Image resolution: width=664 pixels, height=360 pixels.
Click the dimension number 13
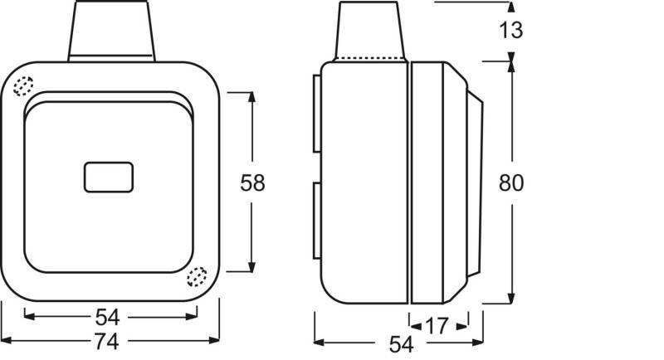point(510,30)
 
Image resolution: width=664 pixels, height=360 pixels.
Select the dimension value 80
point(511,182)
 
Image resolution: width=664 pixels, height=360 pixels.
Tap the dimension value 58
point(252,182)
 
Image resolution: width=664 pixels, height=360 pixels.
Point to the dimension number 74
point(106,342)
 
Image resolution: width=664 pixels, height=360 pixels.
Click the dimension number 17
point(437,326)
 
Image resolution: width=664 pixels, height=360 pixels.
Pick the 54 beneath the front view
point(107,317)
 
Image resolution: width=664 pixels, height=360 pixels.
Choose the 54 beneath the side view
point(401,344)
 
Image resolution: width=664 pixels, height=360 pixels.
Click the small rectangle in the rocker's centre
point(109,178)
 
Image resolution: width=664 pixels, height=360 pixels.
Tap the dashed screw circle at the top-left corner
point(23,86)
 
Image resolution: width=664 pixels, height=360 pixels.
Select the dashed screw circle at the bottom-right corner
point(197,277)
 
